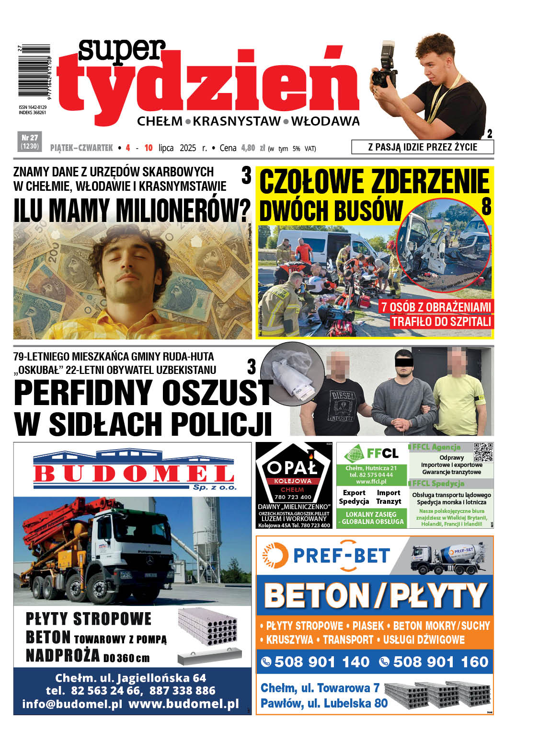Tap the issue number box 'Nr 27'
coord(30,141)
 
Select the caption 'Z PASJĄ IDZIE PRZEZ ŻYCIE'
coord(422,147)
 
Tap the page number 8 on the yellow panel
coord(486,207)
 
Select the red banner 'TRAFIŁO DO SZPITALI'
coord(441,321)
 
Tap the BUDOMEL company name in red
coord(133,474)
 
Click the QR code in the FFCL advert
coord(483,452)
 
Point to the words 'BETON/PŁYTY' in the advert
coord(375,595)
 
